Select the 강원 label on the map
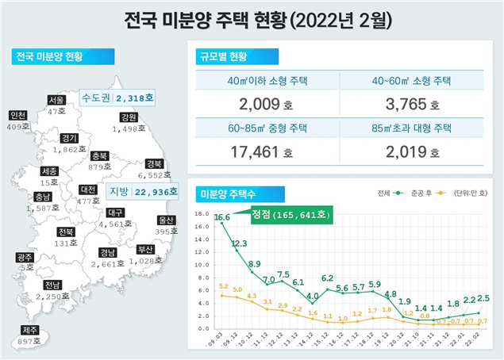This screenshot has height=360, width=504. point(129,117)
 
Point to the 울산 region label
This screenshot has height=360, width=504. point(166,220)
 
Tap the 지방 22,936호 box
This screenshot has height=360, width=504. point(140,190)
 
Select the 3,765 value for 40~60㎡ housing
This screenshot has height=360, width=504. point(406,104)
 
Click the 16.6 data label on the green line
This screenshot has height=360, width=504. point(223,217)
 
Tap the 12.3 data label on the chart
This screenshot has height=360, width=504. point(240,243)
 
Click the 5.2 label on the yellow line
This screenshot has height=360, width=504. point(224,286)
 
